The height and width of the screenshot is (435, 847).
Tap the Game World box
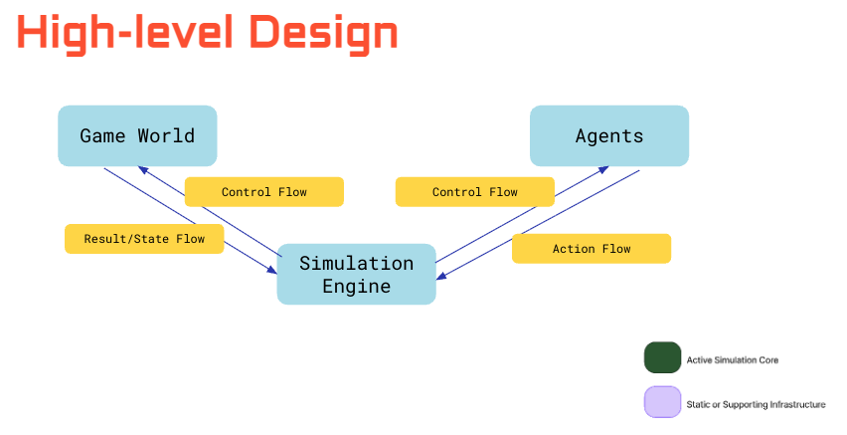point(137,135)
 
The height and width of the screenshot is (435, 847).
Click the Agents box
point(608,135)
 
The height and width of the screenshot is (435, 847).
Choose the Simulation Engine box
point(356,274)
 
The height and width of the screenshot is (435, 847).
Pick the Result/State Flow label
point(143,239)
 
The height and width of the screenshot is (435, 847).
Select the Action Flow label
point(591,248)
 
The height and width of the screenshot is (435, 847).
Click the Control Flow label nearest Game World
point(263,191)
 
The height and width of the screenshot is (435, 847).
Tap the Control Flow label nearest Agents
point(474,191)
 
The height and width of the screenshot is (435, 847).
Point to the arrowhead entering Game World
point(141,168)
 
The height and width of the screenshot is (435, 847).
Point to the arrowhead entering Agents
point(604,168)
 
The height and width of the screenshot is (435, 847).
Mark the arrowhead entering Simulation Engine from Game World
point(273,270)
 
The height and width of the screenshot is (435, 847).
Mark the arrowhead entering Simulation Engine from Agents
point(439,278)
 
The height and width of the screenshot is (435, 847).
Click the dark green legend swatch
point(662,357)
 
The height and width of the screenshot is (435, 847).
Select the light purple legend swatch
point(662,402)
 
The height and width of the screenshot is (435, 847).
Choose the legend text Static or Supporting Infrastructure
point(755,404)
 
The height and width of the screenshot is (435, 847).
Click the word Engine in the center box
point(356,287)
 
